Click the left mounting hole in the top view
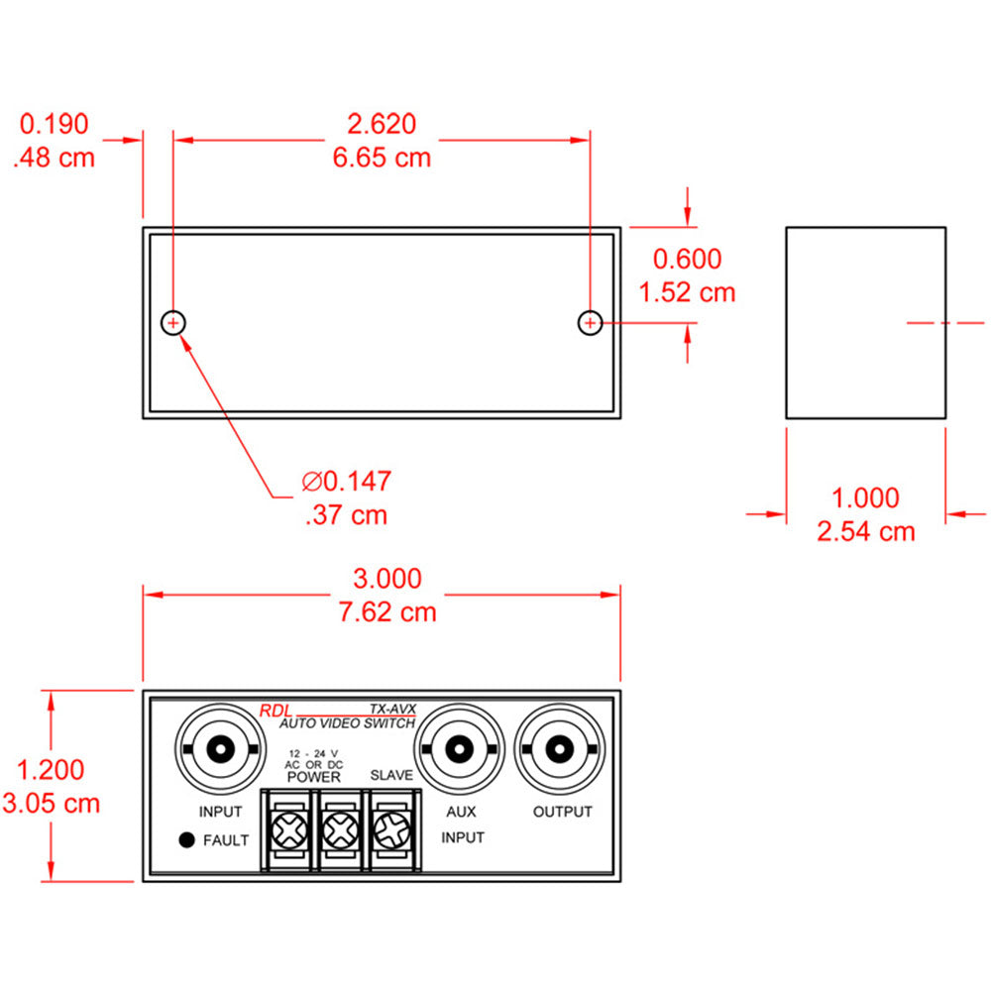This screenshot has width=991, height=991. pos(173,323)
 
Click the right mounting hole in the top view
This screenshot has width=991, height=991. pos(590,323)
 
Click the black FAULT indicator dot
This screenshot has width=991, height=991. pos(185,840)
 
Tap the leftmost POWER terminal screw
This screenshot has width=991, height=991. pos(287,829)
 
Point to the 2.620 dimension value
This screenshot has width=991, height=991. pos(382,124)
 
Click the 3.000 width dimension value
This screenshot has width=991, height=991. pos(387,579)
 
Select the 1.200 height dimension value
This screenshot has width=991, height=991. pos(51,769)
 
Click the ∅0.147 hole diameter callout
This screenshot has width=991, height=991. pos(347,482)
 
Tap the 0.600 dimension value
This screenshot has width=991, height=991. pos(687,260)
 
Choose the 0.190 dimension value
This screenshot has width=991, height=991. pos(55,124)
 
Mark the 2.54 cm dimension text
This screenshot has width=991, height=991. pos(865,531)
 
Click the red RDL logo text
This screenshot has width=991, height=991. pos(275,711)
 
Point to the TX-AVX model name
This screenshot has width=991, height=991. pos(392,709)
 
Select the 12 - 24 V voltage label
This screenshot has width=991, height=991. pos(313,752)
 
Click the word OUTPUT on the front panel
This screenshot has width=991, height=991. pos(562,812)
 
